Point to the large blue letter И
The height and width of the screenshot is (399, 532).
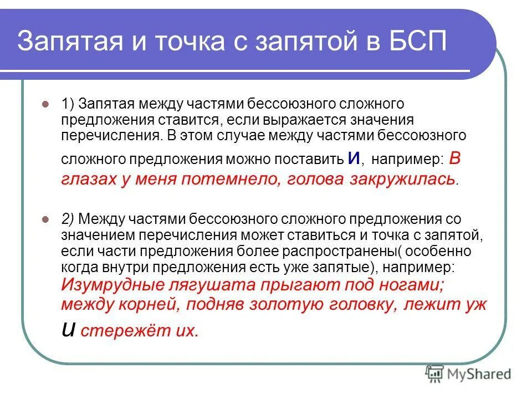[354, 158]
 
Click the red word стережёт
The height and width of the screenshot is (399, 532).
[124, 331]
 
